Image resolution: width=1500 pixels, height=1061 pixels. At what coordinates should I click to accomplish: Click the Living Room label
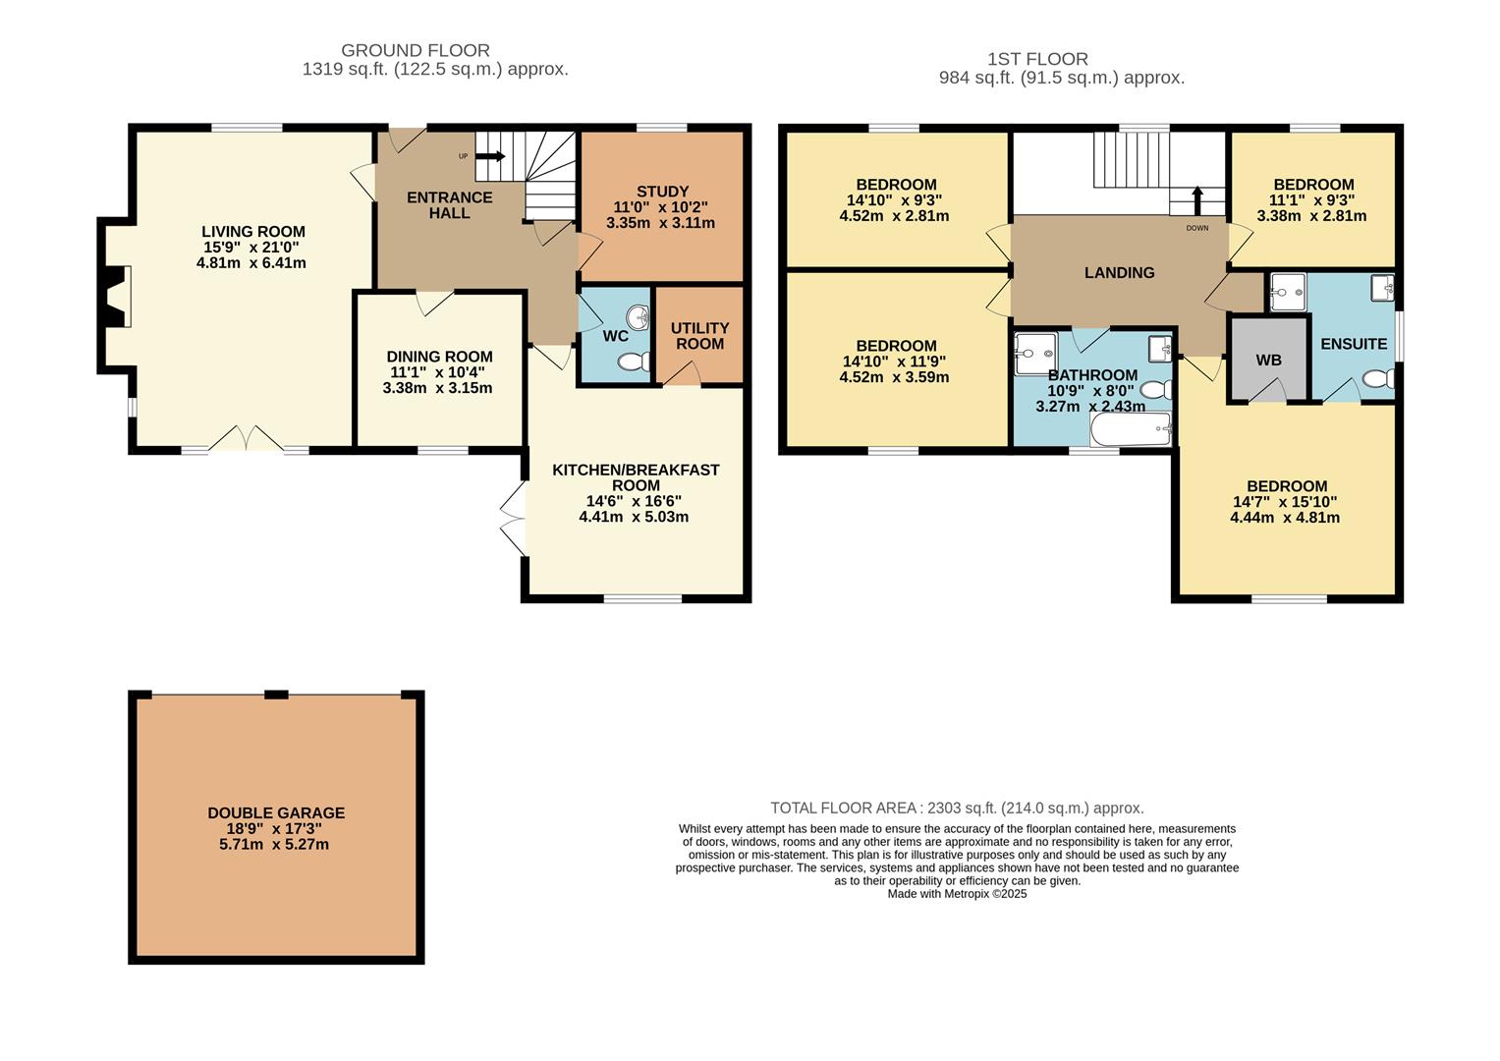click(253, 232)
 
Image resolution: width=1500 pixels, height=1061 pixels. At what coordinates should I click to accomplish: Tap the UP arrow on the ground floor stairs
click(490, 156)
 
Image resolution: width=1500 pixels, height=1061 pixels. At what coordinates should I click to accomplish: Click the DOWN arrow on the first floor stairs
click(1197, 200)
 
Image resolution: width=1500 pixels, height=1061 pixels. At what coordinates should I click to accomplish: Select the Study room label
click(662, 192)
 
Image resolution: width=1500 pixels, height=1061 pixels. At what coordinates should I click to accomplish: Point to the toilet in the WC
click(634, 362)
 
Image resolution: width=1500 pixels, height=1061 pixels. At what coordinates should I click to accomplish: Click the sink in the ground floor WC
click(638, 317)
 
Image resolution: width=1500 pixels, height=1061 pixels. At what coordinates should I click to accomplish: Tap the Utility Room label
click(699, 336)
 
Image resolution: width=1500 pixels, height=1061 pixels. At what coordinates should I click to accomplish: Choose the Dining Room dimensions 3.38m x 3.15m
click(437, 388)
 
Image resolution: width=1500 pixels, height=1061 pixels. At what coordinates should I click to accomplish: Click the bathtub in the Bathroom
click(1131, 428)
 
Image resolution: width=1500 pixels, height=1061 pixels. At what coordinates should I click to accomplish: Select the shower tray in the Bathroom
click(1035, 353)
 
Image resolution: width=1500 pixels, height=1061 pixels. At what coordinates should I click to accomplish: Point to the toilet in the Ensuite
click(1378, 379)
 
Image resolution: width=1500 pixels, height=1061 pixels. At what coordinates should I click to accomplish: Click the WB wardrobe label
click(1268, 361)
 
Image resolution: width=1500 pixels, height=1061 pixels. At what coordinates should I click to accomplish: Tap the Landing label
click(1120, 273)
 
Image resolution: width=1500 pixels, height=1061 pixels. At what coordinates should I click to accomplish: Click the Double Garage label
click(276, 813)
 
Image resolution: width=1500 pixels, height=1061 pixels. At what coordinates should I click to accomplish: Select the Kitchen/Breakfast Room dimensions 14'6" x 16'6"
click(634, 501)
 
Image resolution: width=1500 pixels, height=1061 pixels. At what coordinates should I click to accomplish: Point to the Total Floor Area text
click(957, 808)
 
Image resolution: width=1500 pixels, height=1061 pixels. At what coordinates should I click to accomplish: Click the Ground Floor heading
click(416, 50)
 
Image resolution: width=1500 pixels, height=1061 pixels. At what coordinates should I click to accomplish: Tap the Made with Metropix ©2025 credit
click(957, 894)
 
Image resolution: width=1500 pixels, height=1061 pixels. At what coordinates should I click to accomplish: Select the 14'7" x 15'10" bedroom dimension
click(1285, 502)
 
